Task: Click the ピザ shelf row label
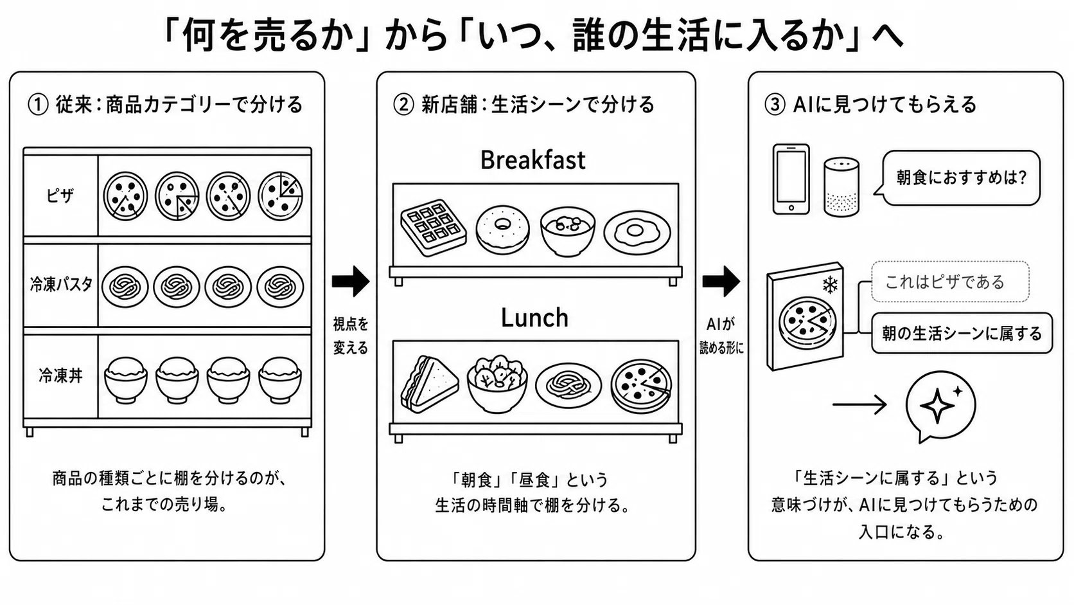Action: [60, 195]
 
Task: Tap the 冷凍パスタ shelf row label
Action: [61, 284]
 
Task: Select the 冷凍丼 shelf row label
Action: [60, 375]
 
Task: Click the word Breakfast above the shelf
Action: [533, 159]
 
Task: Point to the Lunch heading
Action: [534, 318]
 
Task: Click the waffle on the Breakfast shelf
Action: [433, 228]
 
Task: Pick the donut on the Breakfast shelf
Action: [502, 230]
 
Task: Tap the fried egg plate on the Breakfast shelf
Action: [637, 232]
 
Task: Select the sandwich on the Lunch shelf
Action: [429, 384]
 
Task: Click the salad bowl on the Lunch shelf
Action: [497, 383]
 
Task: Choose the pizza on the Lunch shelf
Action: [641, 386]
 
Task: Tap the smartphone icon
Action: [791, 179]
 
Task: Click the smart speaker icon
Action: [841, 187]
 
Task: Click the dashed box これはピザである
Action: [950, 282]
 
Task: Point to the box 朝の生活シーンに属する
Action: [962, 333]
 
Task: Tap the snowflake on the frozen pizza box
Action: [830, 285]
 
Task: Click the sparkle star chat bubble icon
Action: [940, 406]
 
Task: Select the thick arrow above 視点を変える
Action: [351, 281]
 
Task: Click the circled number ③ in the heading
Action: [774, 105]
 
